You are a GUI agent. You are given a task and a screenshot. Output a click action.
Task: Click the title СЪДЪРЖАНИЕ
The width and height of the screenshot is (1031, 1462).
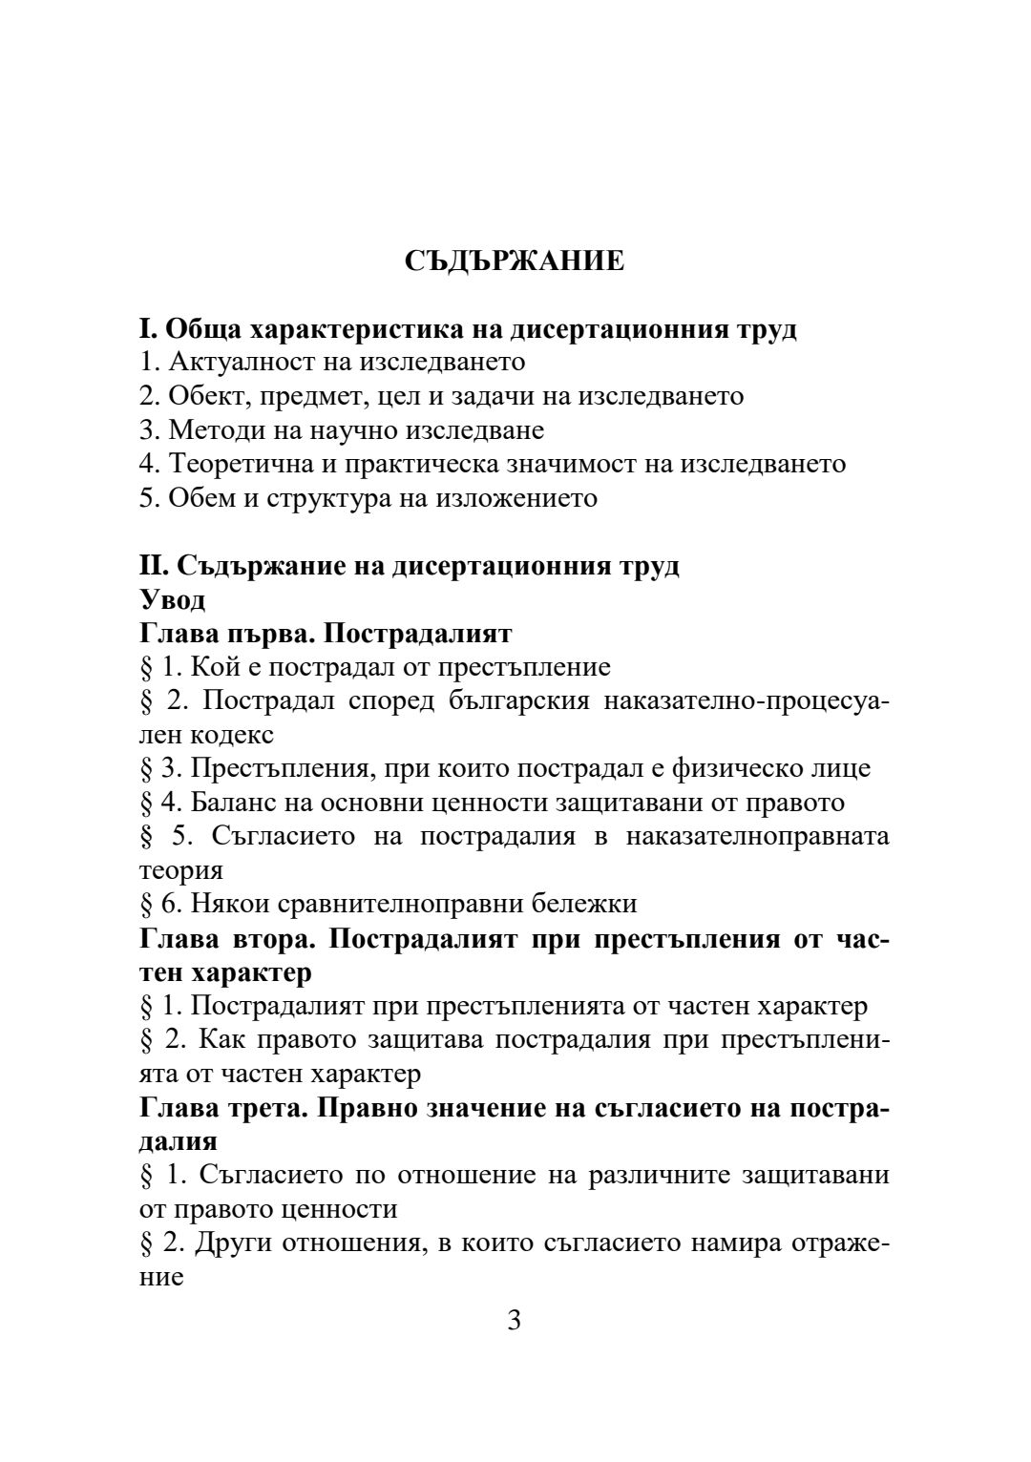tap(515, 261)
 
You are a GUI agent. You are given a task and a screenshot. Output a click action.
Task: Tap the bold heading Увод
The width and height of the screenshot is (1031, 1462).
tap(173, 600)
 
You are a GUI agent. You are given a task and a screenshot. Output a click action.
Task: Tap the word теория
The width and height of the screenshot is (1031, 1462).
tap(180, 870)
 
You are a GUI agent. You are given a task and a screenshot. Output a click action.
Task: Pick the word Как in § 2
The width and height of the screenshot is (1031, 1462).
tap(223, 1039)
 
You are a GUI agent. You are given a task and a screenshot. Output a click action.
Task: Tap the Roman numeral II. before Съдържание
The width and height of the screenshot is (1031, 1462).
tap(153, 566)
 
